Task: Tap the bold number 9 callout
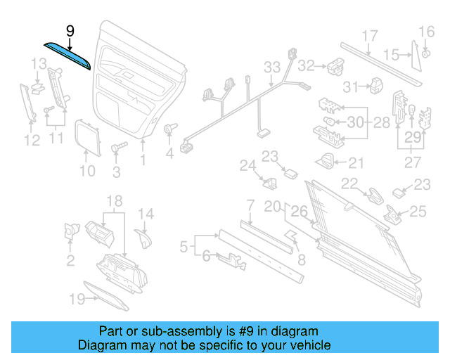tap(70, 31)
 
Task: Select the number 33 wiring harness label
tap(272, 67)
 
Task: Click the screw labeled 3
tap(117, 149)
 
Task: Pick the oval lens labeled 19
tap(105, 295)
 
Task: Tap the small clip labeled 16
tap(426, 54)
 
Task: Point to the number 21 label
tap(356, 163)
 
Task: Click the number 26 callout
tap(299, 210)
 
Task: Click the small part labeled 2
tap(71, 230)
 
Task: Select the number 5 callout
tap(184, 246)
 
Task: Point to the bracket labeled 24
tap(268, 184)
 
